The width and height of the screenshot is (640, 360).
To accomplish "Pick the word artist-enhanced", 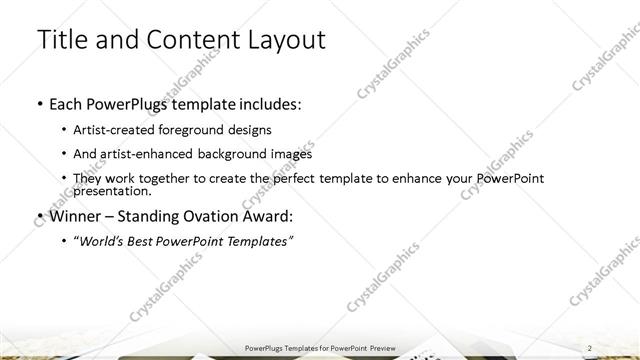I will click(153, 154).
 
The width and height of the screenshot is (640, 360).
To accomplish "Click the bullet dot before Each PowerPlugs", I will click(38, 104).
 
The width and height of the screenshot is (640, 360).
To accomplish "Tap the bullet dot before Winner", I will click(38, 216).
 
